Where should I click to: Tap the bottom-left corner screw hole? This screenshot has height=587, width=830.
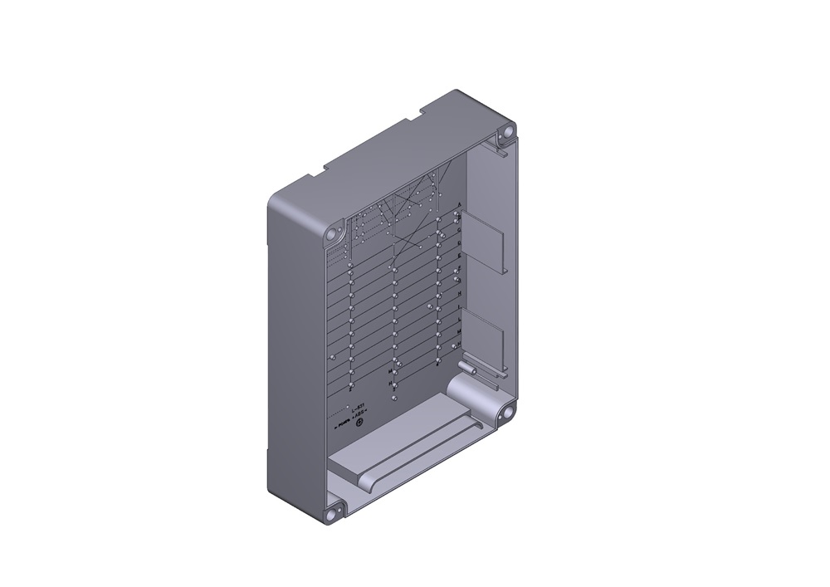pyautogui.click(x=334, y=512)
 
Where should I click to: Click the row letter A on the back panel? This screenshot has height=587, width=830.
pyautogui.click(x=459, y=204)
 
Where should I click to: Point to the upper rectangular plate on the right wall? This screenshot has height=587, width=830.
pyautogui.click(x=483, y=241)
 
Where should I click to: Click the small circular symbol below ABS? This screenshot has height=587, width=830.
pyautogui.click(x=359, y=425)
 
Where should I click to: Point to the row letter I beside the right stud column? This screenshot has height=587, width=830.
pyautogui.click(x=458, y=306)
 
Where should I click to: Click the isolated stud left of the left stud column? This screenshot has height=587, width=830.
pyautogui.click(x=333, y=357)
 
